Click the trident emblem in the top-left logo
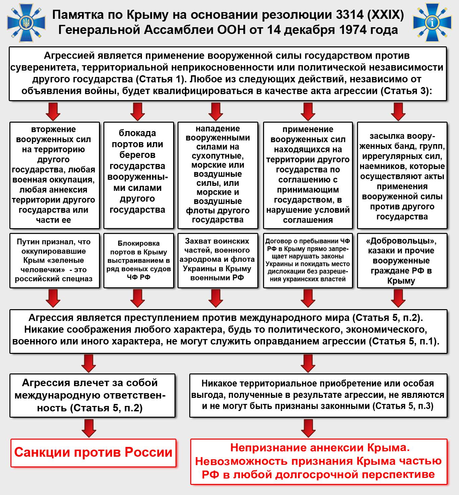[24, 23]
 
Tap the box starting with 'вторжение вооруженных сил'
[55, 175]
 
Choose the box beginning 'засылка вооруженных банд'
[402, 175]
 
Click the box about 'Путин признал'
[55, 260]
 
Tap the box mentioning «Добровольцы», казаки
[402, 260]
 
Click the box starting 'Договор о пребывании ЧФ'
[308, 260]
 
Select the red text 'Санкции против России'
[93, 452]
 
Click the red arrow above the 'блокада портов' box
[138, 111]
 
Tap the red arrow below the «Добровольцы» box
[399, 298]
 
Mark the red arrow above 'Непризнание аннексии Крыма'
[308, 428]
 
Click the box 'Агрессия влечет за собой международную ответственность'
[92, 395]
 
